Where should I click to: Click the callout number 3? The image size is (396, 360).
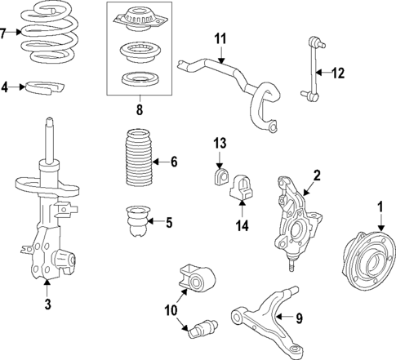point(47,304)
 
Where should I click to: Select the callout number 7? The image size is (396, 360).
point(5,33)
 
